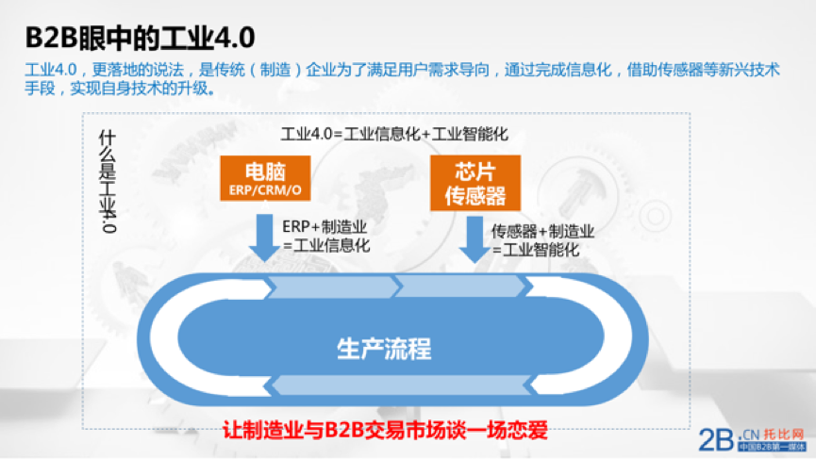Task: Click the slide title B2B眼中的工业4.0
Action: [140, 38]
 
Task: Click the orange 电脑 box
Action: [265, 178]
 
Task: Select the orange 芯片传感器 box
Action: [475, 183]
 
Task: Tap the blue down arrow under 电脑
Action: [265, 237]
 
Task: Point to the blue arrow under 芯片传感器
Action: [475, 239]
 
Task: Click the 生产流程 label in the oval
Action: [384, 349]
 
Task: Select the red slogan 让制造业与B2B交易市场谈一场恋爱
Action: [385, 431]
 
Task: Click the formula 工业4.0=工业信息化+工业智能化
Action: [394, 134]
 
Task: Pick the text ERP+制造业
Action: [325, 226]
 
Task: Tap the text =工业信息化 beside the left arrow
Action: [326, 245]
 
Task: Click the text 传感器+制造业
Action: [542, 231]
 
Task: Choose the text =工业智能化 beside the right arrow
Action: [536, 250]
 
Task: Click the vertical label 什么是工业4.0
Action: [108, 181]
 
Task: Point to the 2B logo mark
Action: [716, 440]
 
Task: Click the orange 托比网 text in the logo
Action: [784, 434]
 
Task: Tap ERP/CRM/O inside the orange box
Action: [265, 190]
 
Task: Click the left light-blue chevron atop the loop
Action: [333, 287]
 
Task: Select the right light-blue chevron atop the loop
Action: [460, 287]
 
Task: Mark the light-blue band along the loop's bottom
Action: [398, 385]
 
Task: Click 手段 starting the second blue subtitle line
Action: [40, 89]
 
